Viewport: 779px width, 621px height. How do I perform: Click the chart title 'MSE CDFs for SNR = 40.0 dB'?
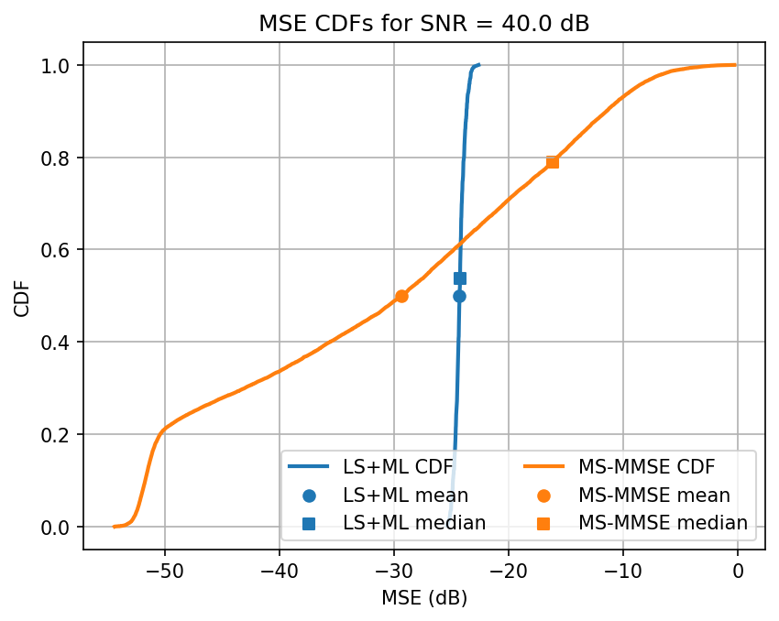point(423,25)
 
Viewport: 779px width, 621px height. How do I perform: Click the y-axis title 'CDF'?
point(22,296)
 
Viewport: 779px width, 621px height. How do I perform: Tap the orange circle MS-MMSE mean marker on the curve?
point(401,296)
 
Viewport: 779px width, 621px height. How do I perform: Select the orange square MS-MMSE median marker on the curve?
point(553,162)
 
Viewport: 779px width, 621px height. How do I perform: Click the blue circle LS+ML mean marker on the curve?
point(459,296)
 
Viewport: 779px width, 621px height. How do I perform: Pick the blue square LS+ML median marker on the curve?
point(460,278)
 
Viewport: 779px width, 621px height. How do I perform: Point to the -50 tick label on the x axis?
point(164,572)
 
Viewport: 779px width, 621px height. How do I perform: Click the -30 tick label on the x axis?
point(393,572)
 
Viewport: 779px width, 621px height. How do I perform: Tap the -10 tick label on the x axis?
point(622,572)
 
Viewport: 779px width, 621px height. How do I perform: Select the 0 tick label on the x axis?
point(737,572)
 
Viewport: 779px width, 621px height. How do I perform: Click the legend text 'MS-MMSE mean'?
point(654,496)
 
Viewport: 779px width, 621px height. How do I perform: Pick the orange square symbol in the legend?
point(543,523)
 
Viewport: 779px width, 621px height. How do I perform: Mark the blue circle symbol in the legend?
point(308,496)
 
